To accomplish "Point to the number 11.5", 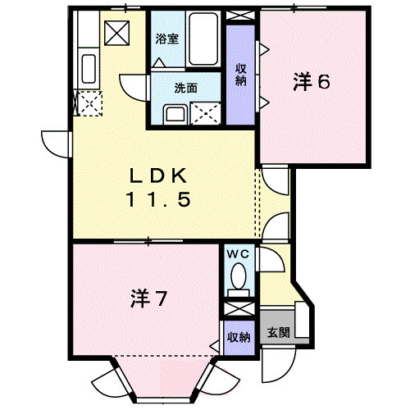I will pos(160,198).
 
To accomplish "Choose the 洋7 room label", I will pos(148,299).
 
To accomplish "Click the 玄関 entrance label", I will pos(278,334).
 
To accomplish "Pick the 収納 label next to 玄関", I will pos(239,337).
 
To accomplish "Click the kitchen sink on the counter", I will pos(88,65).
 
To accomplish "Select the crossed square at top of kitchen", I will pos(116,31).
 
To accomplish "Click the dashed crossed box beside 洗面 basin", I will pos(203,113).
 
